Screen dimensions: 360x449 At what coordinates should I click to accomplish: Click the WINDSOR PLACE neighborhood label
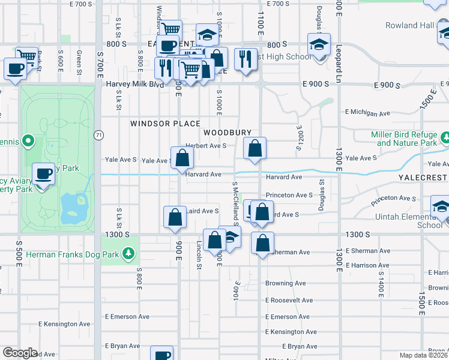tap(166, 124)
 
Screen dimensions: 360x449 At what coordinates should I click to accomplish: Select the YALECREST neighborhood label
tap(423, 178)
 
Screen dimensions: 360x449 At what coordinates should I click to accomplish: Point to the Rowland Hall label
tap(410, 25)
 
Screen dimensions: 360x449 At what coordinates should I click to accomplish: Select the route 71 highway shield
tap(98, 136)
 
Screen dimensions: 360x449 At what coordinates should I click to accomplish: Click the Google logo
tap(20, 352)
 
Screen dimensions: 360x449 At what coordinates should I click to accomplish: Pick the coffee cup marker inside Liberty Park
tap(43, 175)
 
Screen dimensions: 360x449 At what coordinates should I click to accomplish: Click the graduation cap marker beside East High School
tap(319, 44)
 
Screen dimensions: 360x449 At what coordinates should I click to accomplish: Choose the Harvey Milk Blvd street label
tap(135, 85)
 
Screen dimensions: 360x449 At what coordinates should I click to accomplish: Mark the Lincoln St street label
tap(199, 255)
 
